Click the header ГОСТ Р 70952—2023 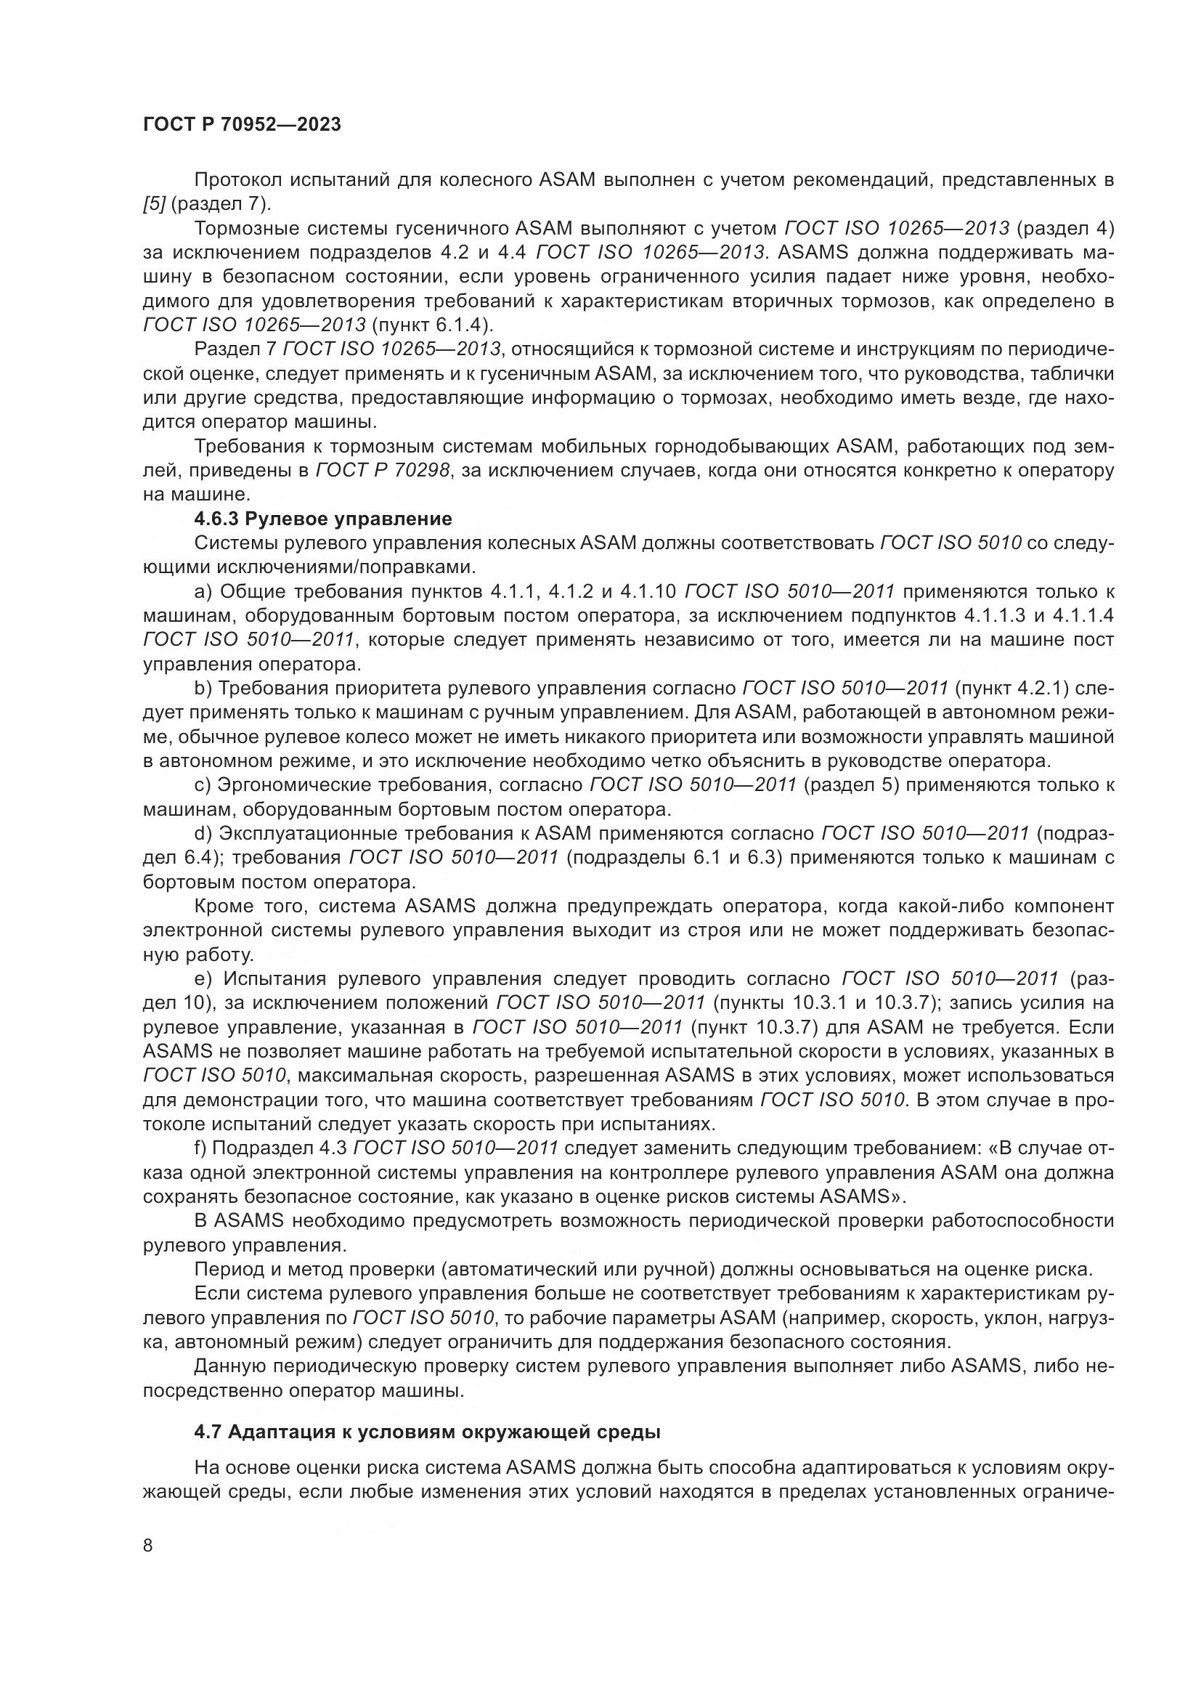click(x=242, y=124)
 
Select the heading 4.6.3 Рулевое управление click(x=322, y=519)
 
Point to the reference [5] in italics click(x=154, y=204)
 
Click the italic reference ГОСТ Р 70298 click(x=383, y=471)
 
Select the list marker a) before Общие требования click(x=203, y=591)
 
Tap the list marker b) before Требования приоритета click(x=203, y=688)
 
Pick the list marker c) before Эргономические click(x=203, y=784)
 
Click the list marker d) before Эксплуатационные click(x=203, y=833)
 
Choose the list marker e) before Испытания click(x=203, y=979)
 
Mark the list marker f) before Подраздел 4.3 click(x=201, y=1148)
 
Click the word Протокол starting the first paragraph click(x=237, y=181)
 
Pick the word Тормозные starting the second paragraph click(x=241, y=229)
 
